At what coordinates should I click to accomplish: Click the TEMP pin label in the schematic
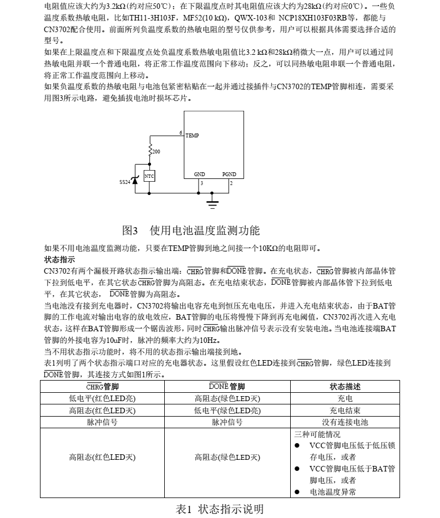192,136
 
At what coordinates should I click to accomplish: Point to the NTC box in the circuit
149,176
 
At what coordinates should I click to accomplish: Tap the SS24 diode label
125,181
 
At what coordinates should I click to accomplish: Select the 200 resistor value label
156,151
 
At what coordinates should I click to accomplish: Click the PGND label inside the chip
229,174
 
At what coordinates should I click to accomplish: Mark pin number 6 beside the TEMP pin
181,133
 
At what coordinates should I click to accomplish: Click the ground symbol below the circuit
213,203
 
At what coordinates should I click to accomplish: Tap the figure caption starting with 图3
191,230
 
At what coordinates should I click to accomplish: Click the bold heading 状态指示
59,259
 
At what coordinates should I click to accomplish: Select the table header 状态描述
345,387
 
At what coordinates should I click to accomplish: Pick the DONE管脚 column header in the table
227,387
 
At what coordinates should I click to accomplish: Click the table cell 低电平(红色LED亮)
102,398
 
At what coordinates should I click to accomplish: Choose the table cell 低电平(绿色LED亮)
227,411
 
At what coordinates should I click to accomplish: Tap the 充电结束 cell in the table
345,411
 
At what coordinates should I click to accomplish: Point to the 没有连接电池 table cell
345,422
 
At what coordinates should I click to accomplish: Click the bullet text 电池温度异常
333,492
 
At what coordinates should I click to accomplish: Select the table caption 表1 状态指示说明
220,509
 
